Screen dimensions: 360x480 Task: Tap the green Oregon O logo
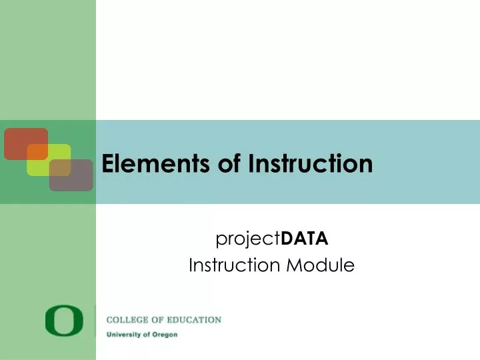coord(65,321)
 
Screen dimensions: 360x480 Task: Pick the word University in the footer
coord(125,334)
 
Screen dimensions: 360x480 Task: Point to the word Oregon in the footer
coord(165,334)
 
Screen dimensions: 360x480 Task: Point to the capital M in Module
coord(295,265)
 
